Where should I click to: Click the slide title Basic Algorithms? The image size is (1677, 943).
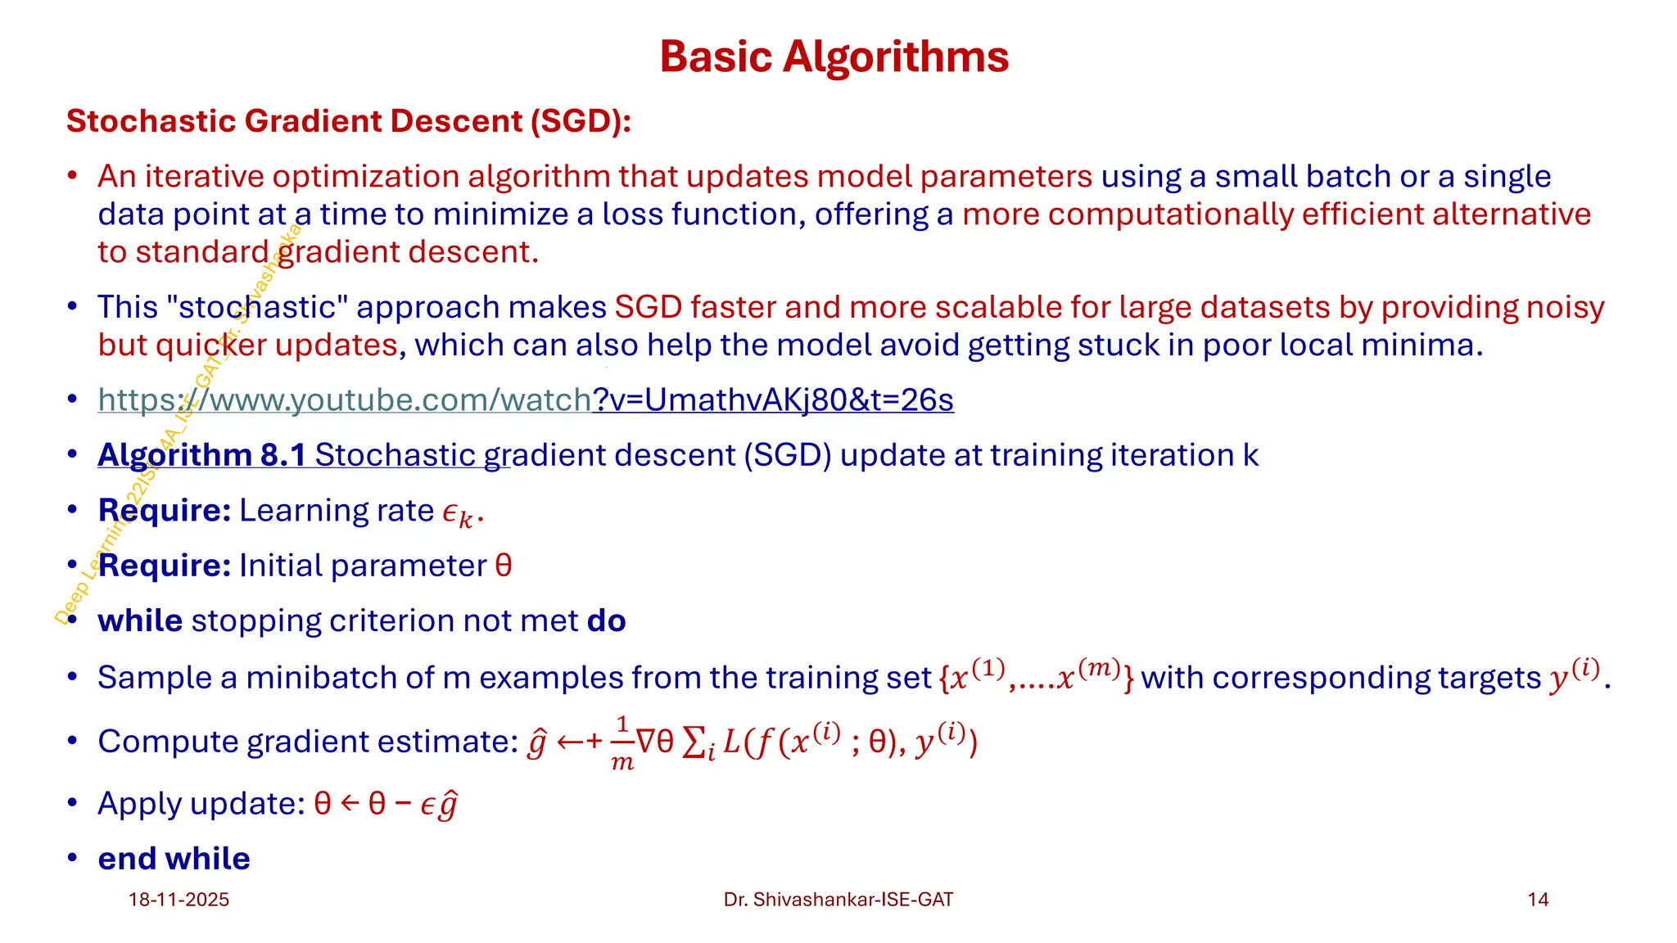(x=834, y=56)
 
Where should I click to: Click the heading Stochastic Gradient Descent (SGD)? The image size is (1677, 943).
(x=348, y=121)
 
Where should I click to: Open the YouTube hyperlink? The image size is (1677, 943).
(x=525, y=399)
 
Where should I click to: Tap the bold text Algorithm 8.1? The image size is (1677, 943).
(x=201, y=455)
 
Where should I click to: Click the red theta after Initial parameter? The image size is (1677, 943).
(x=504, y=566)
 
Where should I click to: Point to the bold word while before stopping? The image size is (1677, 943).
(x=140, y=620)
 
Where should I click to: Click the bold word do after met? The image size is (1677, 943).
(x=606, y=620)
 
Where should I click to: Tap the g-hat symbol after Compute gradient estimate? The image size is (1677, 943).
(x=537, y=743)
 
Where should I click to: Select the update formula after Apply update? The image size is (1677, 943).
(x=386, y=804)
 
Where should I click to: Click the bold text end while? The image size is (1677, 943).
(x=174, y=859)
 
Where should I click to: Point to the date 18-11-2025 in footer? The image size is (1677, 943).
(x=179, y=900)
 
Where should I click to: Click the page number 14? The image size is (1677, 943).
(x=1538, y=900)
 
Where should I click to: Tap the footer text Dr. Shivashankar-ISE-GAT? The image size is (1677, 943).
(x=838, y=900)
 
